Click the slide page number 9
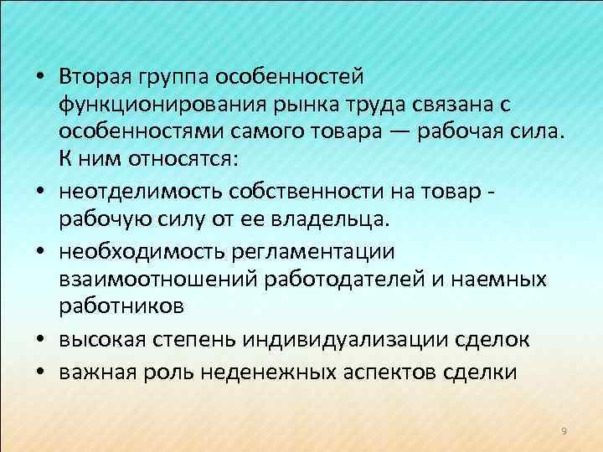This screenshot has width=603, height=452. [564, 430]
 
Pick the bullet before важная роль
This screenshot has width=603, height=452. [40, 371]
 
